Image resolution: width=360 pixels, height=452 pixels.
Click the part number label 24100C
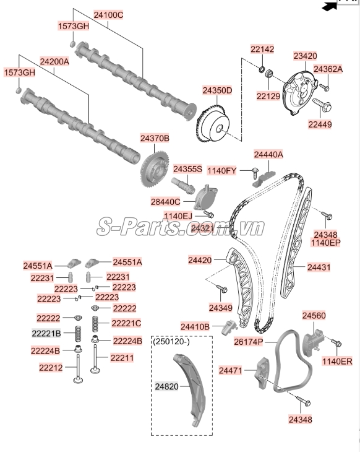(108, 14)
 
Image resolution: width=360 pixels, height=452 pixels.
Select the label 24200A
(54, 62)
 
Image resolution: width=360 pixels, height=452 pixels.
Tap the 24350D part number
(216, 90)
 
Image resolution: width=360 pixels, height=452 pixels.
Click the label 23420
(305, 56)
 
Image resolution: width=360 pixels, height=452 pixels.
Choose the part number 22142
(262, 49)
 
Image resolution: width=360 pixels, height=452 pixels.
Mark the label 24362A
(328, 69)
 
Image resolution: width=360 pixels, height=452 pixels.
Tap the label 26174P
(248, 342)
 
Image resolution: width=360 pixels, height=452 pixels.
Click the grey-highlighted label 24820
(166, 386)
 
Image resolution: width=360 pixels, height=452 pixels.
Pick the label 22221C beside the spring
(126, 323)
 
